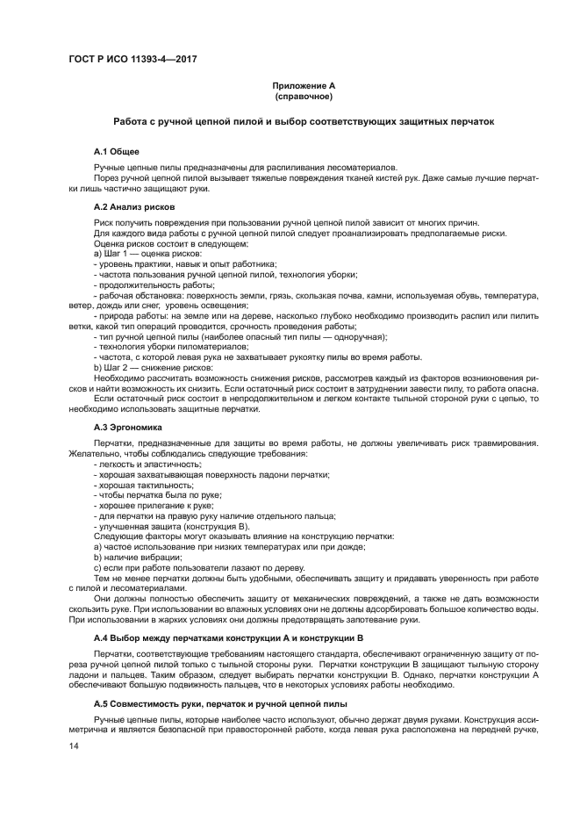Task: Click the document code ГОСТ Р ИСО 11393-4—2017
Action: pos(132,59)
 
